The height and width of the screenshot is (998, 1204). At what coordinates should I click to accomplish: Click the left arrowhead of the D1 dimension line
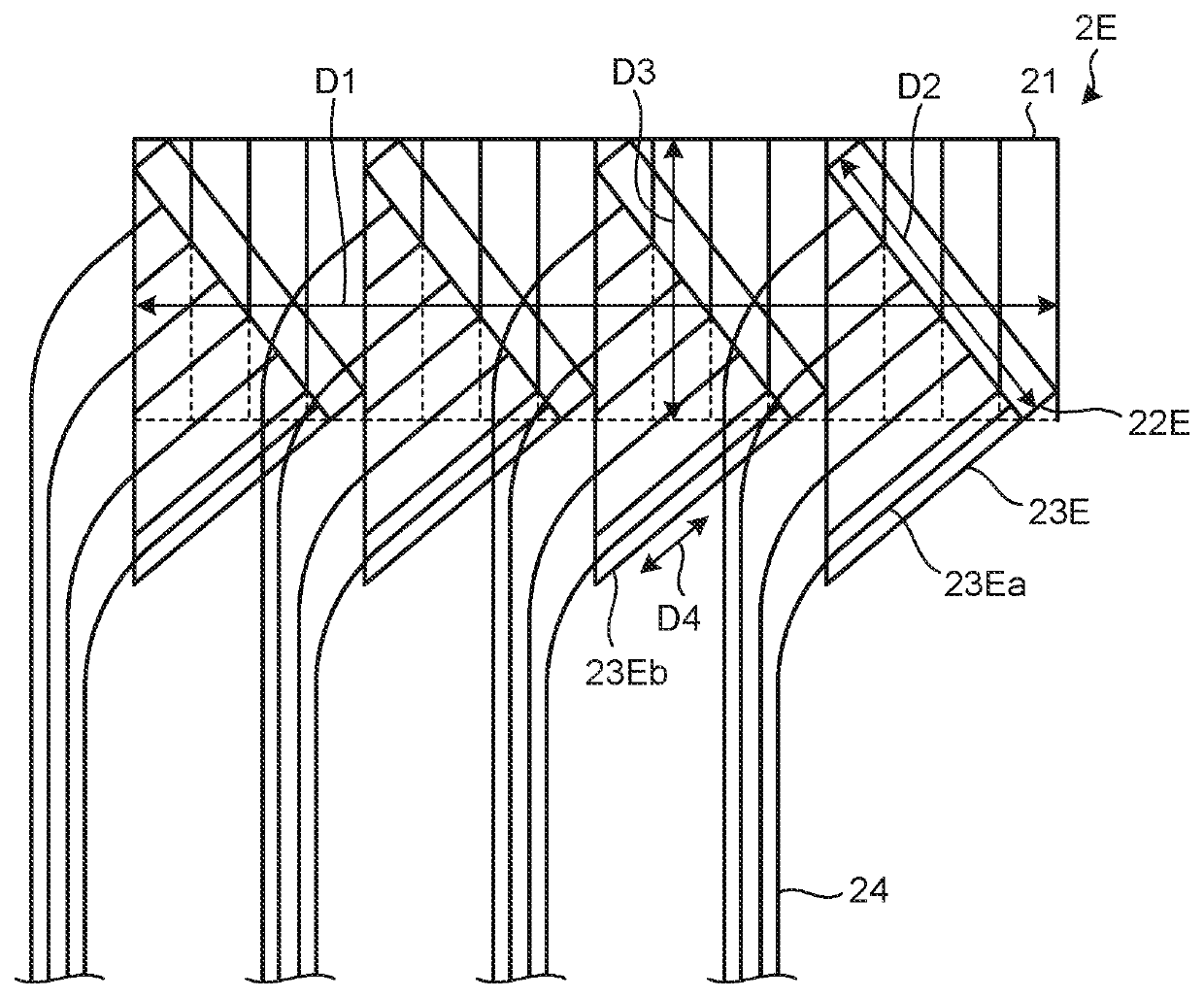pyautogui.click(x=146, y=306)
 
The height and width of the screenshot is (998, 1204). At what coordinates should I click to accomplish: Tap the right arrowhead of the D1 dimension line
pyautogui.click(x=1048, y=306)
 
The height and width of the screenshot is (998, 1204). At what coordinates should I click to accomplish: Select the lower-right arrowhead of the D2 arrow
pyautogui.click(x=1023, y=398)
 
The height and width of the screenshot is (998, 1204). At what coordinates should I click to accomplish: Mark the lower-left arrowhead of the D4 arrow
pyautogui.click(x=643, y=567)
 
